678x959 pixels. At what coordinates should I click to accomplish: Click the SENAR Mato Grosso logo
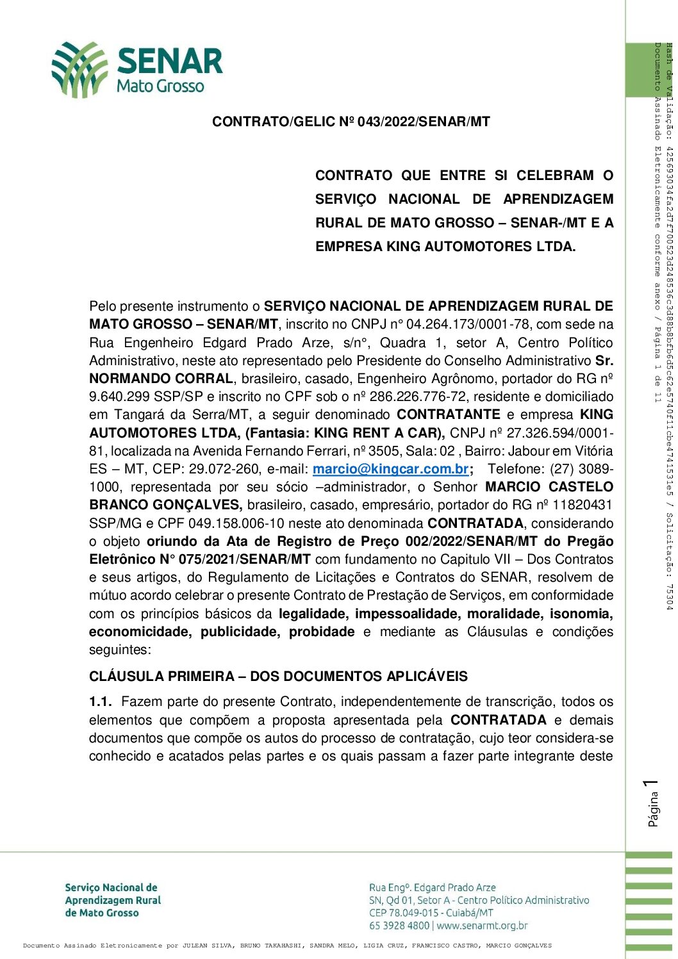pos(137,70)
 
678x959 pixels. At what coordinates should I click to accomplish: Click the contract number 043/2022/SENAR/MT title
pos(351,122)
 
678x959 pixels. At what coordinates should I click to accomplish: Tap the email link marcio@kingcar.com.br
pos(390,470)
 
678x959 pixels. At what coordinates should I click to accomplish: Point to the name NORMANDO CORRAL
pos(161,379)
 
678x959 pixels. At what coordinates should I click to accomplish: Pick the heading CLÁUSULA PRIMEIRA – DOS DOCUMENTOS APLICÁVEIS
pos(278,677)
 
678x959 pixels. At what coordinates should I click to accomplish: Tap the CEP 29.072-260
pos(226,470)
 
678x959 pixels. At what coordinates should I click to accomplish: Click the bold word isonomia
pos(581,614)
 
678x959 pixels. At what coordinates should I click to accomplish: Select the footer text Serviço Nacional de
pos(111,888)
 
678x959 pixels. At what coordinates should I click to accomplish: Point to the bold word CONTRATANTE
pos(449,415)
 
